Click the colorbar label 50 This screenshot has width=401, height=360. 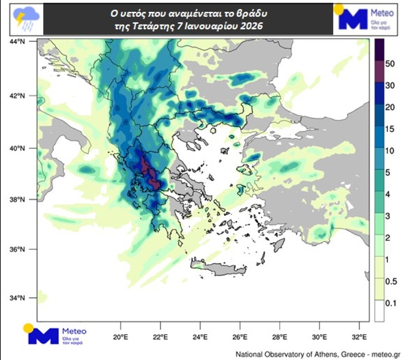point(390,64)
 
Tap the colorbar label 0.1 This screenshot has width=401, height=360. point(391,303)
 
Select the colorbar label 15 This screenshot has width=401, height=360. point(390,129)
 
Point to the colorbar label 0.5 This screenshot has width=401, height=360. point(391,281)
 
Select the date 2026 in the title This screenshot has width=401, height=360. point(252,26)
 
